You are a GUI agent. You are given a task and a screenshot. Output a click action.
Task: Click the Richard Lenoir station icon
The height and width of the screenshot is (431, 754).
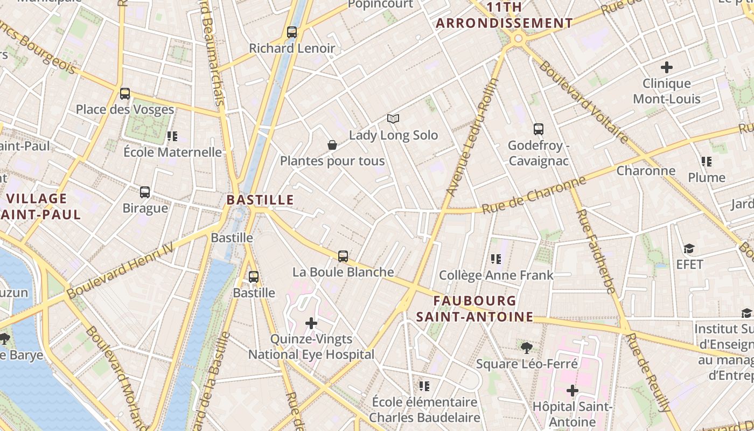tap(292, 32)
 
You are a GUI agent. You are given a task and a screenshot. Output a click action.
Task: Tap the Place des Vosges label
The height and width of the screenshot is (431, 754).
tap(125, 109)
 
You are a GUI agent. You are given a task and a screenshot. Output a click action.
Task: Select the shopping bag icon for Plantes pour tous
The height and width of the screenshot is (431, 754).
tap(332, 145)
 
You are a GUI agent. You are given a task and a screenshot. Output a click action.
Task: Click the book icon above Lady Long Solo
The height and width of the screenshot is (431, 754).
tap(394, 119)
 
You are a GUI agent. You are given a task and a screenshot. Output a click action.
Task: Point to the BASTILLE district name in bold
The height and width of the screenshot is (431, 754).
tap(260, 200)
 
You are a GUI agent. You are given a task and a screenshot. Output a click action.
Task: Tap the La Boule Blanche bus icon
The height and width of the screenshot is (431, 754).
tap(343, 256)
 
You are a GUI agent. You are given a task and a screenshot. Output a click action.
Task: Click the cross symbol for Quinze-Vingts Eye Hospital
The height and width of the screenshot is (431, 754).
tap(311, 323)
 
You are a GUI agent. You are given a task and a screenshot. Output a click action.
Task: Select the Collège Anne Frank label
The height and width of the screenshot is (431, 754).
tap(496, 275)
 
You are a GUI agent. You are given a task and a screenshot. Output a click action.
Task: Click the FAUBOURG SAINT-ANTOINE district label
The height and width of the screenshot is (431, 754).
tap(474, 309)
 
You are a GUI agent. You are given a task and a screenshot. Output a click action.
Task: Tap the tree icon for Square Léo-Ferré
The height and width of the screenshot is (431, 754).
tap(527, 348)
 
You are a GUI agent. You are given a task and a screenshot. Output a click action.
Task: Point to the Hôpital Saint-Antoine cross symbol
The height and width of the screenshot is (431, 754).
tap(573, 391)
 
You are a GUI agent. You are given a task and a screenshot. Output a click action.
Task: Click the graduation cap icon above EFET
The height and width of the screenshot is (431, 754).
tap(689, 248)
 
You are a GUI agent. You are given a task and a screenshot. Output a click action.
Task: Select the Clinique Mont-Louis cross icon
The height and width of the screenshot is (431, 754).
tap(667, 67)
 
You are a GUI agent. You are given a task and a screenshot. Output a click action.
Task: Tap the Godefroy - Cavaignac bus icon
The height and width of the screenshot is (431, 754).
tap(539, 129)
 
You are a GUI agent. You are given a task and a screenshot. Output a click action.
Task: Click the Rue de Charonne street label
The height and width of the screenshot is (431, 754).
tap(533, 195)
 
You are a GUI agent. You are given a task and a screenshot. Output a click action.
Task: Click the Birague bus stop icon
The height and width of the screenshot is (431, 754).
tap(145, 192)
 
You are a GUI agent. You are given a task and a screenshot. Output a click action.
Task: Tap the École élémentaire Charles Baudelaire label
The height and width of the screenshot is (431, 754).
tap(424, 410)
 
